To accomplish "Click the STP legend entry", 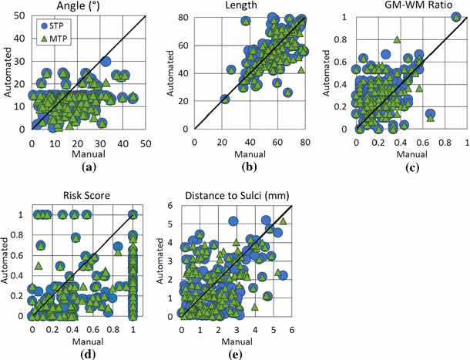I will click(49, 25).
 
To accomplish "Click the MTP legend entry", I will click(49, 36).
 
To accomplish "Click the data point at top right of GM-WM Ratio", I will click(456, 17).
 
